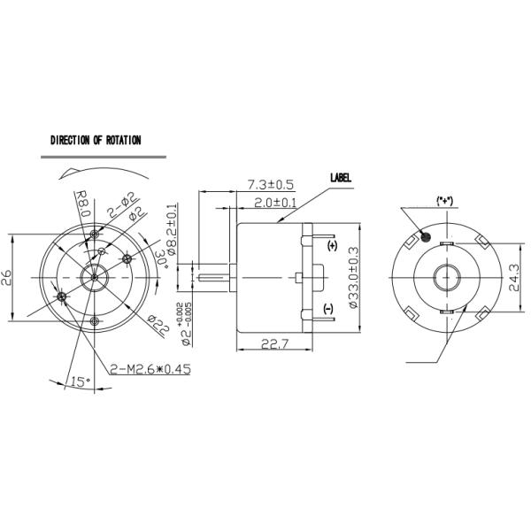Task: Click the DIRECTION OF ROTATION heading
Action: point(96,140)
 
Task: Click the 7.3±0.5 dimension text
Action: point(269,185)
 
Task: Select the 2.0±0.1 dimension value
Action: point(275,203)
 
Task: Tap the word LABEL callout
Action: point(341,177)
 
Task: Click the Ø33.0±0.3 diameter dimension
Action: point(352,277)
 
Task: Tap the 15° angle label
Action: point(80,381)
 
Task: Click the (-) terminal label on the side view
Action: point(327,308)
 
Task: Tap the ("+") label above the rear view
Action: point(444,201)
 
